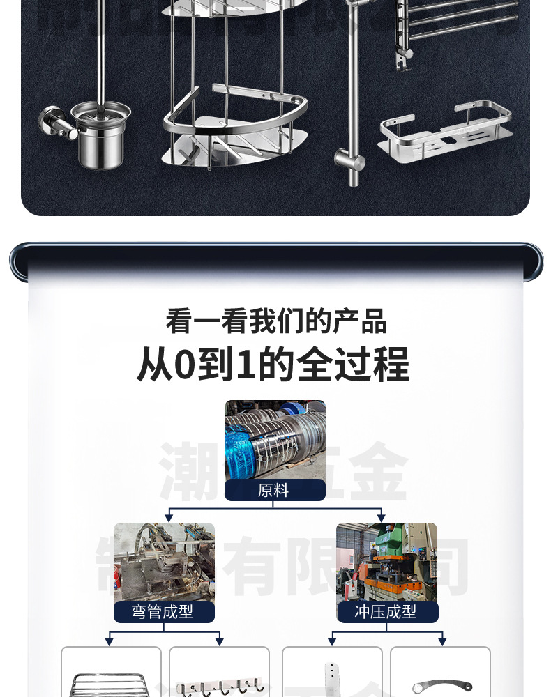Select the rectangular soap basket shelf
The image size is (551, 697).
click(446, 132)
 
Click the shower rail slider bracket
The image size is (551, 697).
click(350, 162)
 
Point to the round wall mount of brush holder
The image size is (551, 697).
click(51, 121)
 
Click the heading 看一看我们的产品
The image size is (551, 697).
click(275, 321)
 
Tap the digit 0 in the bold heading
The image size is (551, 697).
click(183, 364)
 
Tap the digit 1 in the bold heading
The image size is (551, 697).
click(244, 364)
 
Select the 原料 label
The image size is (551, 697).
click(274, 490)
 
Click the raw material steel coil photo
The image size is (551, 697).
click(275, 440)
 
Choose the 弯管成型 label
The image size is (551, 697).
click(164, 612)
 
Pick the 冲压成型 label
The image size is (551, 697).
click(387, 612)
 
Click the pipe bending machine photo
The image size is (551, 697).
click(164, 562)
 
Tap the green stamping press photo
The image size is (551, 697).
click(387, 562)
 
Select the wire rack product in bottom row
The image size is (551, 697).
click(111, 683)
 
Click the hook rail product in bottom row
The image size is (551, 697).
click(219, 687)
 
